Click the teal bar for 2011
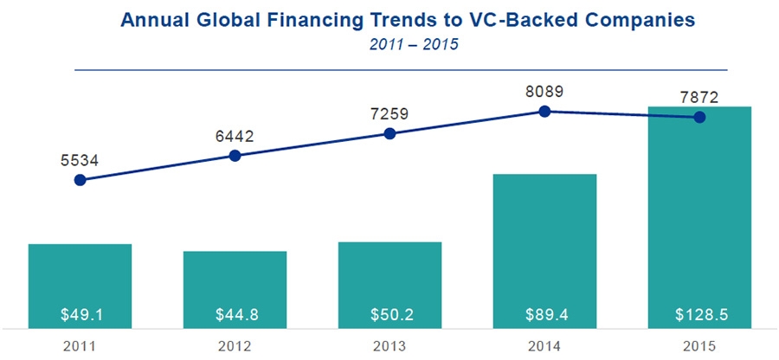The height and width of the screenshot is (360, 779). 80,277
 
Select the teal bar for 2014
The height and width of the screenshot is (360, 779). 545,242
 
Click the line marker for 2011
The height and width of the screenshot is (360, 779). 80,180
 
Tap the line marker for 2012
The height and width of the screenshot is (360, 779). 235,156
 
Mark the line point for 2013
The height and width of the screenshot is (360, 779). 389,133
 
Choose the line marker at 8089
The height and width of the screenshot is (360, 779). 545,111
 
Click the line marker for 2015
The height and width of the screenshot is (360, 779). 700,117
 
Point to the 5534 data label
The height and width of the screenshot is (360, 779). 80,159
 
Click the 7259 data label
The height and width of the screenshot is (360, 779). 389,112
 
